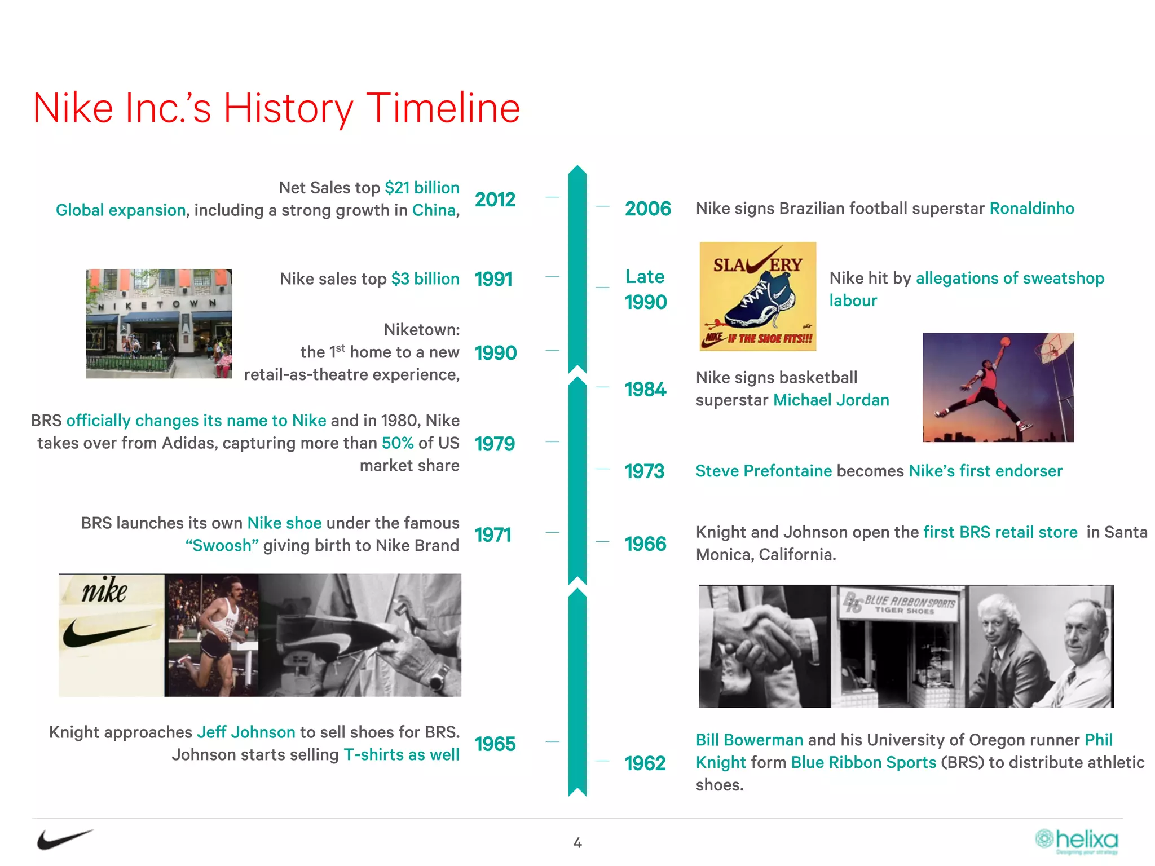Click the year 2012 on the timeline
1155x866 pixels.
point(495,200)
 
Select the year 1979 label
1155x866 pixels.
point(495,444)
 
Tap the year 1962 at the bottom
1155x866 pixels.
point(645,763)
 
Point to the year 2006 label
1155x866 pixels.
point(647,209)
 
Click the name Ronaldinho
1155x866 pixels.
point(1031,209)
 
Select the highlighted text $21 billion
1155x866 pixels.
point(422,188)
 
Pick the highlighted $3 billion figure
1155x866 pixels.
point(425,279)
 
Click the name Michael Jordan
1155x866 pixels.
point(831,400)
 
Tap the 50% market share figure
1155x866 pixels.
point(398,443)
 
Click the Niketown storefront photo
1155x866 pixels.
point(159,324)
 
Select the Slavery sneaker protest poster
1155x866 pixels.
point(757,297)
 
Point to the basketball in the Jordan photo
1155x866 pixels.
point(1004,341)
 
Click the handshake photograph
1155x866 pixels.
point(764,646)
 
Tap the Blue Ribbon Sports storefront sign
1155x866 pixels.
point(900,604)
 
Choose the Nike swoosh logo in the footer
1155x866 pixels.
point(64,840)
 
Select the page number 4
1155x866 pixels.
point(577,843)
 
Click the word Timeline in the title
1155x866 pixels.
point(443,108)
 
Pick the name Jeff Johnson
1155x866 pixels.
point(246,732)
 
